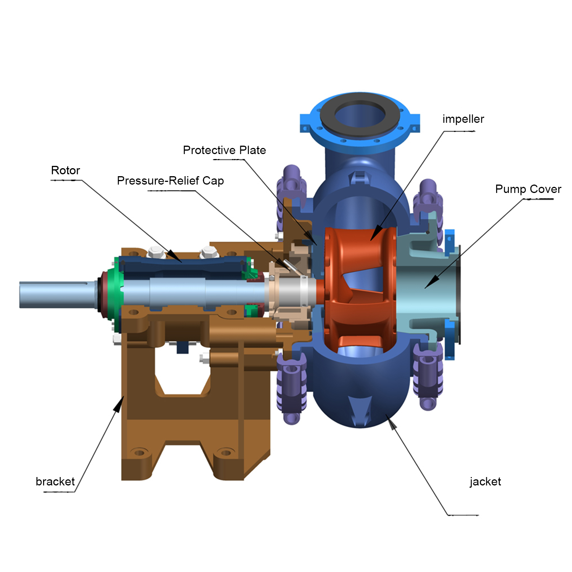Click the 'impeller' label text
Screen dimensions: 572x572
click(x=463, y=119)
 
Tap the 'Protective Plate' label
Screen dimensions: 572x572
click(x=224, y=150)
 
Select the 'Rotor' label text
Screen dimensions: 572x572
click(x=66, y=170)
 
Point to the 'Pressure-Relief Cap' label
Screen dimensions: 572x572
click(x=170, y=180)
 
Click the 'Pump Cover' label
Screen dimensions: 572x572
click(x=528, y=189)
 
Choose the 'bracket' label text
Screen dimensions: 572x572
click(x=55, y=481)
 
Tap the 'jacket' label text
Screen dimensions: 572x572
click(x=485, y=482)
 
